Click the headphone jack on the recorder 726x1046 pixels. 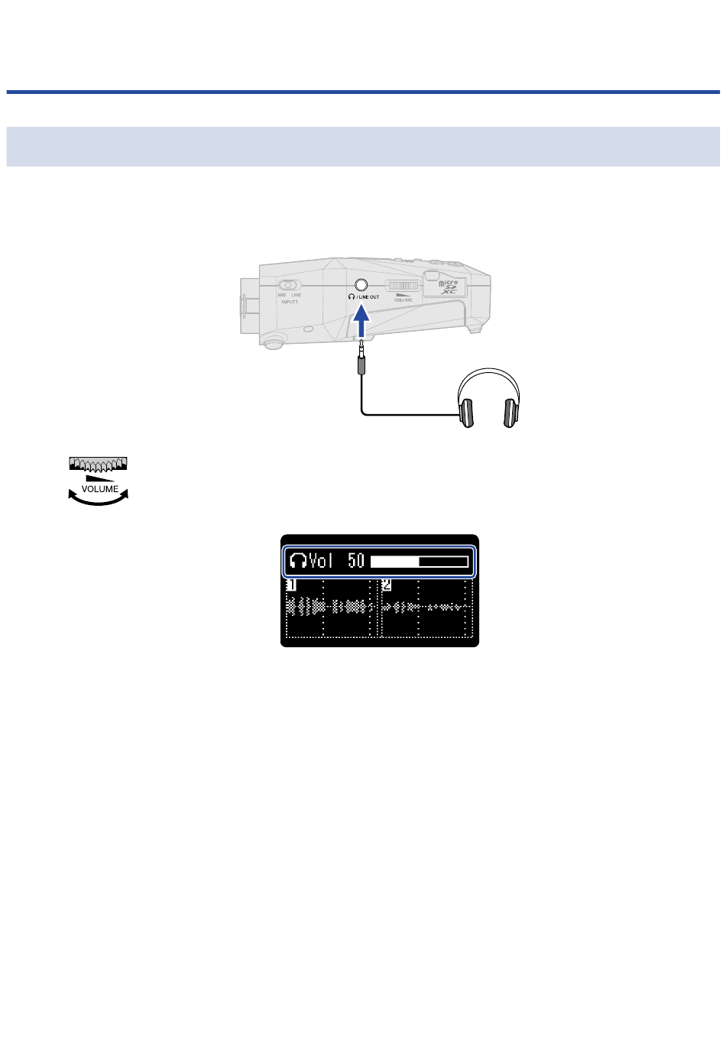click(361, 286)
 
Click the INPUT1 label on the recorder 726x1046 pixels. click(289, 302)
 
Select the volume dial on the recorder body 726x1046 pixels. click(400, 287)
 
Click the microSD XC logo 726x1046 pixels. click(447, 287)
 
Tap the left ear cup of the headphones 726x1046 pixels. click(465, 412)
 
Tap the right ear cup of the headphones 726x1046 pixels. click(510, 412)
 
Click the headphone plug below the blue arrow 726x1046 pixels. click(361, 358)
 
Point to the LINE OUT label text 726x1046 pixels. click(368, 297)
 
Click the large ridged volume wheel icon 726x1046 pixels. click(99, 463)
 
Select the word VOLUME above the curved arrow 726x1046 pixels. click(100, 489)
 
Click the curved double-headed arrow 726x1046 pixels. click(99, 498)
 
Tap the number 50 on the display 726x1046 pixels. click(356, 561)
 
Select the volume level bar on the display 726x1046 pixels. click(419, 562)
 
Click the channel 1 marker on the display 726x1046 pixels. click(291, 585)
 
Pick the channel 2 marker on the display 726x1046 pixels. click(387, 585)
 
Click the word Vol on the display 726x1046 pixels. click(322, 561)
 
